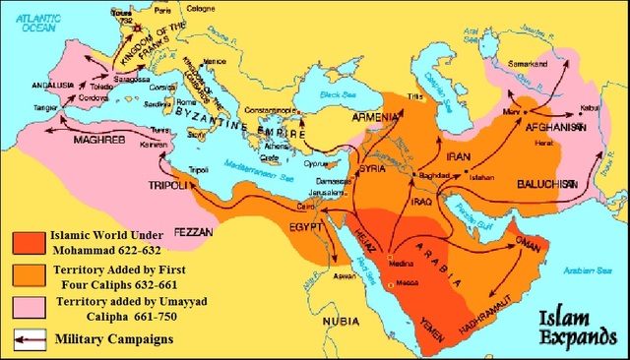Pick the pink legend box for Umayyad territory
pyautogui.click(x=27, y=305)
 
